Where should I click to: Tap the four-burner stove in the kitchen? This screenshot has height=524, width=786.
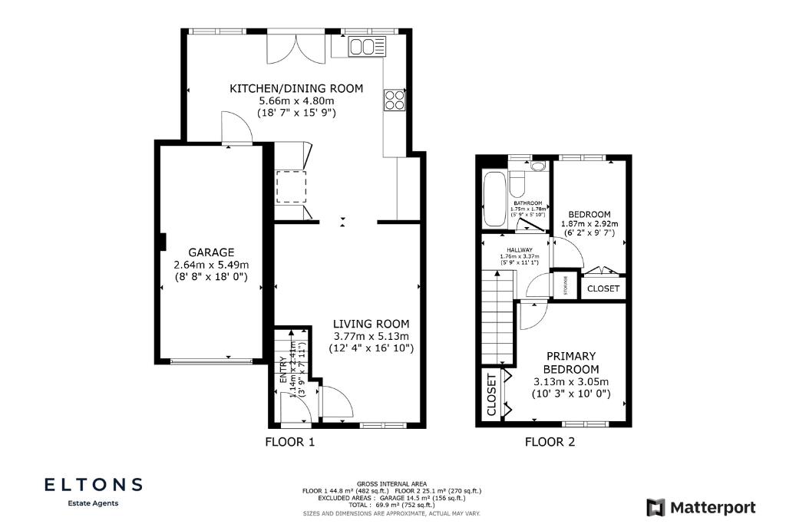(395, 101)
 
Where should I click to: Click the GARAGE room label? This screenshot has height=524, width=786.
(211, 252)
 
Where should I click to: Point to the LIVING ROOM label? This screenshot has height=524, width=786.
(372, 324)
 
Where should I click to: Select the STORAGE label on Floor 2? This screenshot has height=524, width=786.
(566, 285)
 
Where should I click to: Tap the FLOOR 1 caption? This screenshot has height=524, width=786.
(290, 442)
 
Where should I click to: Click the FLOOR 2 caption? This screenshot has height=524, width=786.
(550, 442)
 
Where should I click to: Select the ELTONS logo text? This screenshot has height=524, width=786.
(93, 485)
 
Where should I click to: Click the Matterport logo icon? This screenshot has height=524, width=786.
(655, 507)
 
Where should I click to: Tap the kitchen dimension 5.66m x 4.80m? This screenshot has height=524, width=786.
(296, 101)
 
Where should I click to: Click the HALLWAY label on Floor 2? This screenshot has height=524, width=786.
(520, 249)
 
